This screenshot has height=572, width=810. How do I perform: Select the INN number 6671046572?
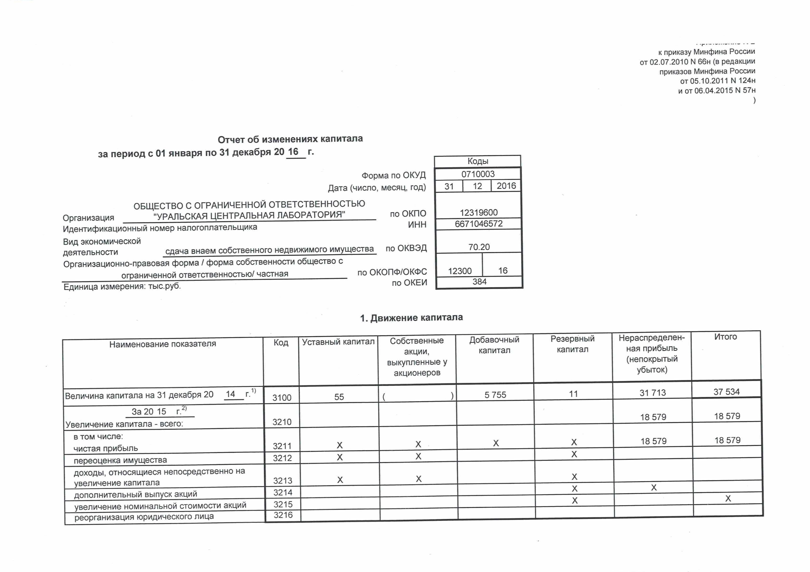point(478,224)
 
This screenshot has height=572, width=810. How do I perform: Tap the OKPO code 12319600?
point(478,212)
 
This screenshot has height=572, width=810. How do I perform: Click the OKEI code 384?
point(479,281)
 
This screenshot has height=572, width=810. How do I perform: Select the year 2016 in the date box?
point(506,186)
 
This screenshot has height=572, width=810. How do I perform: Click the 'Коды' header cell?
point(478,161)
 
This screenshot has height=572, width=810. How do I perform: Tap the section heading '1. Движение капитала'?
point(411,318)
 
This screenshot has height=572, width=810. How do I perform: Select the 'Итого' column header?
point(725,337)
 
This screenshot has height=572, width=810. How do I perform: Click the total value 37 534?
point(726,392)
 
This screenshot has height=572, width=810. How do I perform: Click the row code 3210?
point(282,422)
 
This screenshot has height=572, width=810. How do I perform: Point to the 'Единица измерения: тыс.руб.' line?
point(122,286)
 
